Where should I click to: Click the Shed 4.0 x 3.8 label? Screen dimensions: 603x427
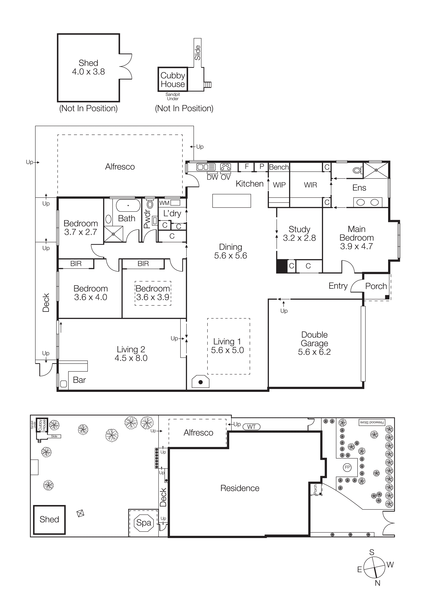[88, 67]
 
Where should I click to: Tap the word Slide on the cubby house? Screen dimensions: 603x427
[198, 53]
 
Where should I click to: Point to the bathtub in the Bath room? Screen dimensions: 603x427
[128, 205]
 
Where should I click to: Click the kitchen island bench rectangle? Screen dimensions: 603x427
[231, 201]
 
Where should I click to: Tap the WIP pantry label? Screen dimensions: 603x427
[279, 185]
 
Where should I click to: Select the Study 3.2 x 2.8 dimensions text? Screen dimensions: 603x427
[299, 238]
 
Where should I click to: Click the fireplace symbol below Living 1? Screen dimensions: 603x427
[200, 382]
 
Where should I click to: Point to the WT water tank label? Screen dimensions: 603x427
[251, 427]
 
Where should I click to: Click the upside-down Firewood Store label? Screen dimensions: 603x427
[372, 422]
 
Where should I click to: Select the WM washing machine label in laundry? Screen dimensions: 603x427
[164, 203]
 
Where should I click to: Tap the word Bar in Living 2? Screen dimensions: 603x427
[79, 380]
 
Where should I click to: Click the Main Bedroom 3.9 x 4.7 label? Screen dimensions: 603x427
[357, 238]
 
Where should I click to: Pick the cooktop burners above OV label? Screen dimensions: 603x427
[225, 167]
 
